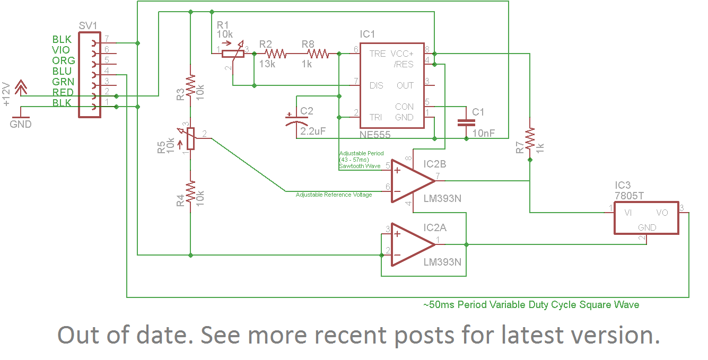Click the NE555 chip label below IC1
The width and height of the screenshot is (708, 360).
[x=375, y=135]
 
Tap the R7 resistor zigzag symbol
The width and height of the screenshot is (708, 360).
[x=530, y=138]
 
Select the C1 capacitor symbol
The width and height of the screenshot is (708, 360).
[x=466, y=122]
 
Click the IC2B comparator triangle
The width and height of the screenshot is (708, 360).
[x=413, y=181]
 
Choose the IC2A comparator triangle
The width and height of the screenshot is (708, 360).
[x=413, y=244]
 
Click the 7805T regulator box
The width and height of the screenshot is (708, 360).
[x=646, y=218]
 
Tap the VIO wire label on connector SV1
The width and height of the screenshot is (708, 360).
[x=60, y=50]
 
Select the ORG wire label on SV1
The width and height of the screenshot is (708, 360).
[x=64, y=60]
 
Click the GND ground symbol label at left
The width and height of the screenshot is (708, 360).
[x=21, y=124]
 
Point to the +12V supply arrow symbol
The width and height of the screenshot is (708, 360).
[x=21, y=87]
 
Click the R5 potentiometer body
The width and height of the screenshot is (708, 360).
[x=190, y=138]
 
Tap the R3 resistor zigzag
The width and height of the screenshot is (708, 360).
[x=190, y=85]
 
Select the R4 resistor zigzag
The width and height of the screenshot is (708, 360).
[x=190, y=191]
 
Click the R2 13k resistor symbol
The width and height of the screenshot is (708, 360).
[x=275, y=54]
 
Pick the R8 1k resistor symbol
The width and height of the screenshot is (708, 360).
[x=318, y=54]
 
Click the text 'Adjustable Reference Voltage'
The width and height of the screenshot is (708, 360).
[x=334, y=195]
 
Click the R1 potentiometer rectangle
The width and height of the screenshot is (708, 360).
[x=233, y=54]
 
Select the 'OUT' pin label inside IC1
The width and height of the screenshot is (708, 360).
[x=405, y=86]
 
